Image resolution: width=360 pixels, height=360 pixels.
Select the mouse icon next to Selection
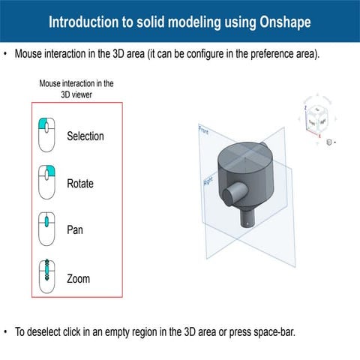[x=47, y=136]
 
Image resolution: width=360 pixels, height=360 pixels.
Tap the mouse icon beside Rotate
[x=47, y=182]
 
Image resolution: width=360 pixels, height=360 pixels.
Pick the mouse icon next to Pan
[x=47, y=229]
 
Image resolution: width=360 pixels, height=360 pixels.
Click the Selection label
[x=85, y=136]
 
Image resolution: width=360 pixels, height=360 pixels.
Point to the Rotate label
[x=80, y=183]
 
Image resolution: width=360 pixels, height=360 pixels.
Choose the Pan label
[x=75, y=229]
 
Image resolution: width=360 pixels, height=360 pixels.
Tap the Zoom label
[x=78, y=278]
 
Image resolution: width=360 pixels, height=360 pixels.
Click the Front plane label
[x=202, y=130]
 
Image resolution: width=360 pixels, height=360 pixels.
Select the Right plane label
[x=208, y=181]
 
